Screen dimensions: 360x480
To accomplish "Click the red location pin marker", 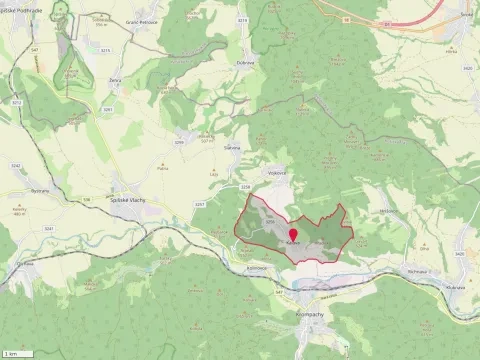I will pos(292,236).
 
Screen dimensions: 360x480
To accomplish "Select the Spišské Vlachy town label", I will pos(132,199).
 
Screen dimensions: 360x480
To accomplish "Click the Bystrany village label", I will pos(39,190).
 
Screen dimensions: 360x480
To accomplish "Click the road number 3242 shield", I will pos(14,165).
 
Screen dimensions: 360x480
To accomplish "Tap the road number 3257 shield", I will pos(199,203).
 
